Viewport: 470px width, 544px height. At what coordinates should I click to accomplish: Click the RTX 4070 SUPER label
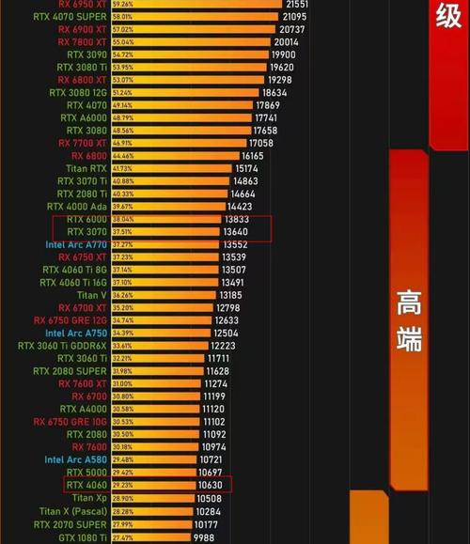[82, 17]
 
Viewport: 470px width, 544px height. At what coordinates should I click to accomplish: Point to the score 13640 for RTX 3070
[235, 232]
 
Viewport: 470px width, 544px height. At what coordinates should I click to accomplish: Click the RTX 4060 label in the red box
[86, 485]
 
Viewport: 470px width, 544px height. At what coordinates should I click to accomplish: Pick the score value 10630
[210, 485]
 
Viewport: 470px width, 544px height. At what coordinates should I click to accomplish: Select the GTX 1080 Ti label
[83, 537]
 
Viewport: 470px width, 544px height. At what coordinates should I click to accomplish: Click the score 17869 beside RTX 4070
[268, 105]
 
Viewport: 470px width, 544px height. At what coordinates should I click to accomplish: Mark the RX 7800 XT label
[83, 42]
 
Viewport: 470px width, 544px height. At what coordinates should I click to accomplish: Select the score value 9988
[206, 537]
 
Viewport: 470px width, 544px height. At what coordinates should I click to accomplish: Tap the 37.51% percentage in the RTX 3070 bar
[122, 232]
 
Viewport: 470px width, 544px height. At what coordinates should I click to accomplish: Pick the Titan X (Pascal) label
[73, 511]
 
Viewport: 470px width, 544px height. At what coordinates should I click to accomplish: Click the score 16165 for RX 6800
[252, 156]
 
